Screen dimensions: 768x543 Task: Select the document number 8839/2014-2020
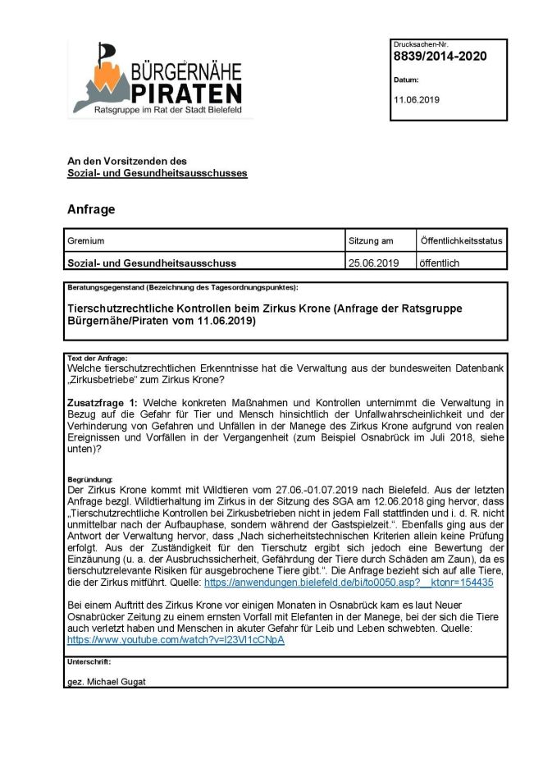point(440,57)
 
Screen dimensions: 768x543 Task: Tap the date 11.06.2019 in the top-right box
point(417,99)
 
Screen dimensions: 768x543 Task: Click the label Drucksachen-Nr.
point(421,44)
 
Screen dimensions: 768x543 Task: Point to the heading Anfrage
point(91,209)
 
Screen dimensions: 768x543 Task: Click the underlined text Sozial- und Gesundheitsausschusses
point(157,173)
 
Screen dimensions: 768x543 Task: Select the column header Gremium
point(86,241)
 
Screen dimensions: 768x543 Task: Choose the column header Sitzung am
point(371,241)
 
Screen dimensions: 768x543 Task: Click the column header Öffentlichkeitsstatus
point(461,241)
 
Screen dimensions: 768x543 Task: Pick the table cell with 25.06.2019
point(374,263)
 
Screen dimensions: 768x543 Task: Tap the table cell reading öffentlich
point(440,263)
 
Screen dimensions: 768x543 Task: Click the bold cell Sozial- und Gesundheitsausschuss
point(152,263)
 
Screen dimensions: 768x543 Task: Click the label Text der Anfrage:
point(97,359)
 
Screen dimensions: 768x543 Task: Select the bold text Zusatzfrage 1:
point(103,402)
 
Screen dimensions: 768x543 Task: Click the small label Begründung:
point(90,479)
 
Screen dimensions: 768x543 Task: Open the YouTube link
point(176,639)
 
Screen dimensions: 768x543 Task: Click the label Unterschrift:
point(89,661)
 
